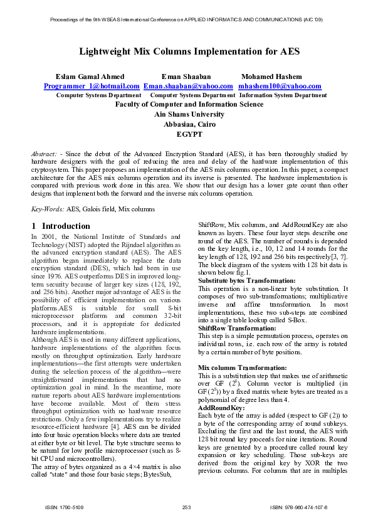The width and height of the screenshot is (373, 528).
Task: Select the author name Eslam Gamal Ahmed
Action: (90, 77)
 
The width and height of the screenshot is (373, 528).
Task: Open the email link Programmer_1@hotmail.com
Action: (92, 86)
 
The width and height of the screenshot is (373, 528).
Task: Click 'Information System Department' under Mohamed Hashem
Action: (283, 95)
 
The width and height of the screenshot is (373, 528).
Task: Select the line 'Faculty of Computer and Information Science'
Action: (189, 105)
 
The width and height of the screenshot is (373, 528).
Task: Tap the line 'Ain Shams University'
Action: (189, 115)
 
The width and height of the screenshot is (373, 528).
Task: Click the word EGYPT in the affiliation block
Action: (189, 134)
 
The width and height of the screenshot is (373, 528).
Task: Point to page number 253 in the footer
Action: (186, 507)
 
